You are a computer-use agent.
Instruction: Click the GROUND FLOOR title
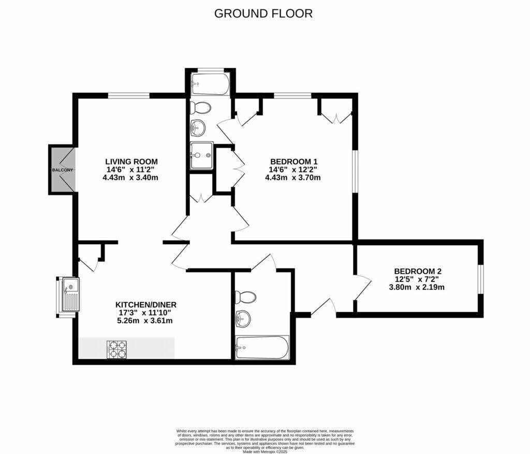coord(263,13)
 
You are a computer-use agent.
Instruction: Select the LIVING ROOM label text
coord(131,161)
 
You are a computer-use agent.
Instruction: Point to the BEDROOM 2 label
coord(417,271)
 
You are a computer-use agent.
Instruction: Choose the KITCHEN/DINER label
coord(143,304)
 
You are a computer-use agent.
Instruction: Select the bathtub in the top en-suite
coord(210,84)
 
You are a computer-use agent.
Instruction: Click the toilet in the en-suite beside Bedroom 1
coord(200,108)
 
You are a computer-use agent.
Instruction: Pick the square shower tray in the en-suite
coord(201,155)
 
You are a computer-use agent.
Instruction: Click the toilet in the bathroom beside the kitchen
coord(245,297)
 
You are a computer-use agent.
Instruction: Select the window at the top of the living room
coord(129,95)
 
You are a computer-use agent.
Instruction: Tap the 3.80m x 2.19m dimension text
coord(417,287)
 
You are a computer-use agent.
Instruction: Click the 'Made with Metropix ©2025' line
coord(265,451)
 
